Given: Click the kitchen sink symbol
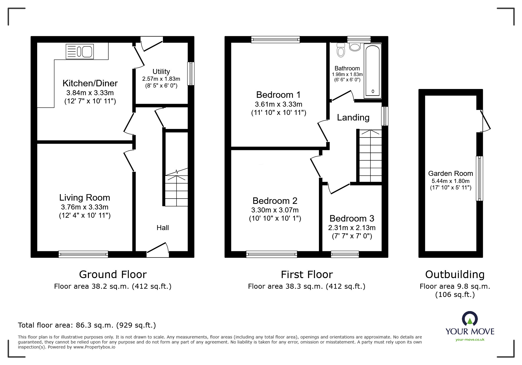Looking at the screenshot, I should pos(80,51).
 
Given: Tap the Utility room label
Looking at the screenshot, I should pos(161,72).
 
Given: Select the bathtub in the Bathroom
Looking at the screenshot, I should pos(373,71).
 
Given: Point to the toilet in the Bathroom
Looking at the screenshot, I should pos(341,50).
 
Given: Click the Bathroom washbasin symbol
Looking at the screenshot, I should pos(355,47).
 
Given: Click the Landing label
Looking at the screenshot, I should pos(353,118).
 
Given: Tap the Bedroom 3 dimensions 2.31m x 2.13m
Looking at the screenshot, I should pos(352,228).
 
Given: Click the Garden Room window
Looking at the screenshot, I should pos(480,178).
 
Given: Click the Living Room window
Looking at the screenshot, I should pos(83,254).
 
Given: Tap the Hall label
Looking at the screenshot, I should pos(163,228).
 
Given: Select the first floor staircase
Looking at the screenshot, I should pos(370,156).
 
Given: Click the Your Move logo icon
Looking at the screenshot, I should pos(470,319).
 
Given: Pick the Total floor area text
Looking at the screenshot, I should pos(87,325).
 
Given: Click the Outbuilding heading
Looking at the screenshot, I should pos(455,275).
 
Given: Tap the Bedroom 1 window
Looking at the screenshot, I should pos(275,39).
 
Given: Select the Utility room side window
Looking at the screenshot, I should pos(191,74).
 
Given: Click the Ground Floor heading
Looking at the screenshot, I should pos(113,275).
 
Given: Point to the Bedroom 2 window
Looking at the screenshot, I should pos(271,254).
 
